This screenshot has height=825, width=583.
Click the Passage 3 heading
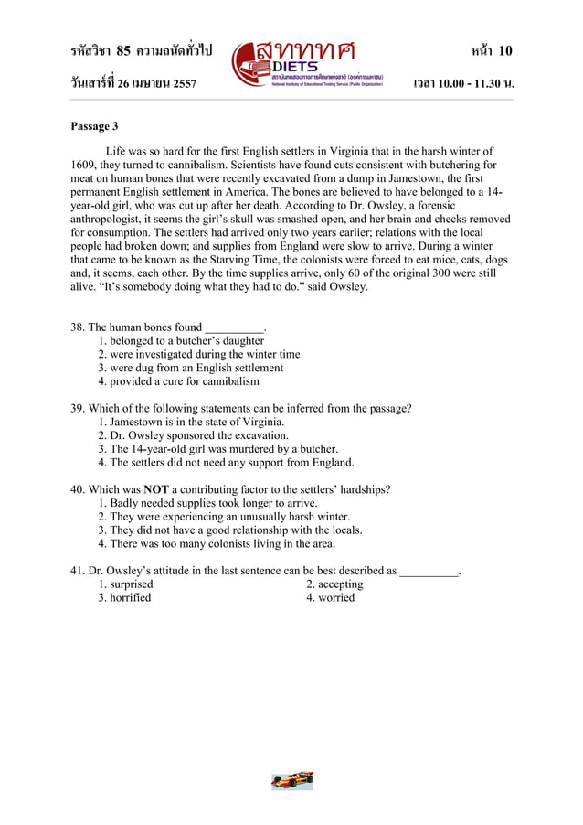94,126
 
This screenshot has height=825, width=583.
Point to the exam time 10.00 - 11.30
469,84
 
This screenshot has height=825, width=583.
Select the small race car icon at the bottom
292,780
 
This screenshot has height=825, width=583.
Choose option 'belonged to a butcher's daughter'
181,340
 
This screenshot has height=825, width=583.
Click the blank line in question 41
429,572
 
